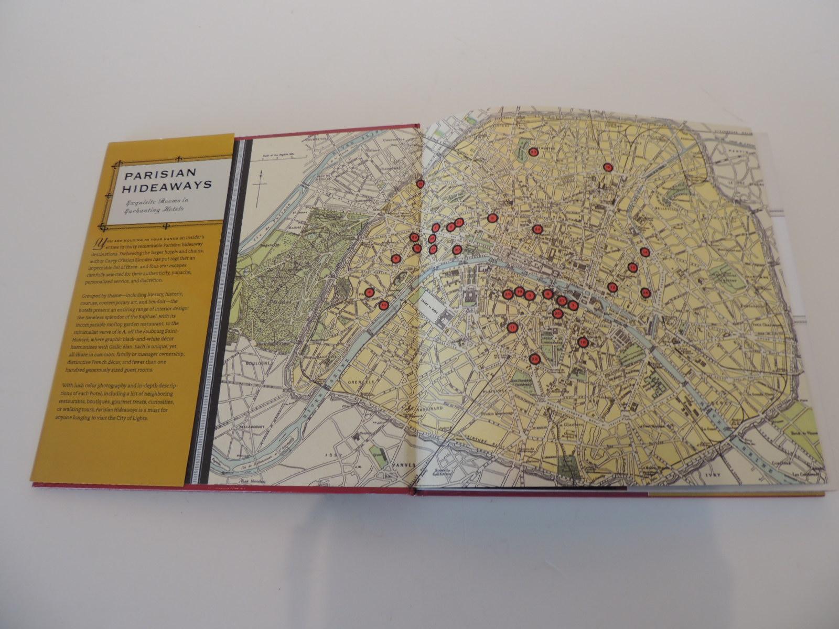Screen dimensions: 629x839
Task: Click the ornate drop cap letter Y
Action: point(96,242)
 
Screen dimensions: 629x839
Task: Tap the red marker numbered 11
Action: point(513,328)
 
